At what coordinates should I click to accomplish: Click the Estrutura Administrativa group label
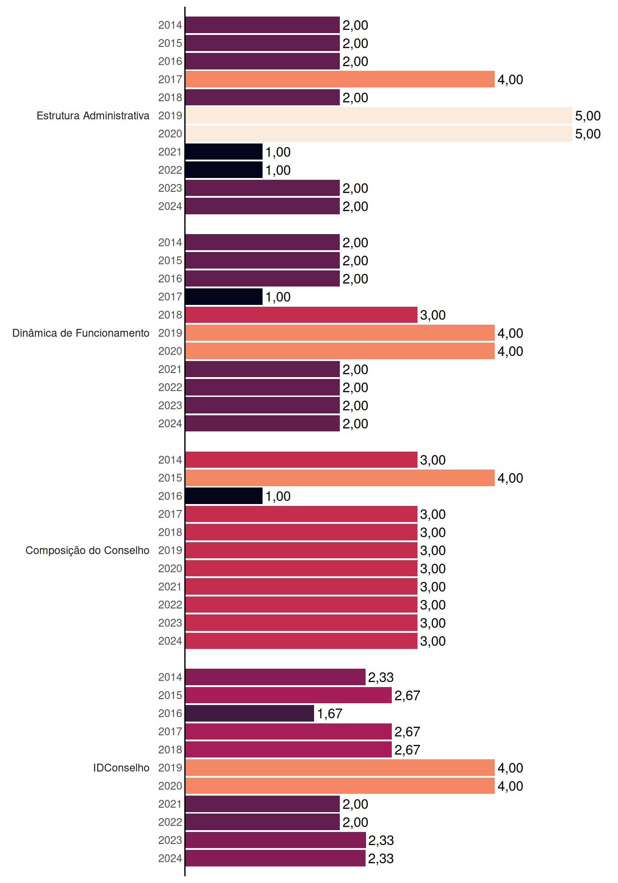(x=93, y=115)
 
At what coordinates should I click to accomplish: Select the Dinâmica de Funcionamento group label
(x=81, y=333)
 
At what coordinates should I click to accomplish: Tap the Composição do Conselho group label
(x=87, y=550)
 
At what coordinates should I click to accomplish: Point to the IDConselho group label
(x=121, y=768)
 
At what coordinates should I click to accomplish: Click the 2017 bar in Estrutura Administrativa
(x=340, y=79)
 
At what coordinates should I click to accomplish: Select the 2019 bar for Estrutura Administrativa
(x=379, y=115)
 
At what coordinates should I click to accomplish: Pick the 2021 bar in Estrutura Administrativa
(x=224, y=152)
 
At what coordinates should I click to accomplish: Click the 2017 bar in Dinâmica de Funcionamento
(x=224, y=297)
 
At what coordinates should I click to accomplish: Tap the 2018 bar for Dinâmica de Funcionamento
(x=301, y=315)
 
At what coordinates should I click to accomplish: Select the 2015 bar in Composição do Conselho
(x=340, y=478)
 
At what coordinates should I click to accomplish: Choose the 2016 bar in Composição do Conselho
(x=224, y=496)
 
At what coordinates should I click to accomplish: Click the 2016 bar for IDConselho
(x=250, y=713)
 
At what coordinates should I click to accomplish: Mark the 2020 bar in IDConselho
(x=340, y=786)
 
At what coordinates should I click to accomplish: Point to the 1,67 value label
(x=330, y=713)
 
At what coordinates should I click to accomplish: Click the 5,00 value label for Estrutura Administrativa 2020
(x=588, y=134)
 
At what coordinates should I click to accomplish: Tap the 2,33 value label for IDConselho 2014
(x=381, y=677)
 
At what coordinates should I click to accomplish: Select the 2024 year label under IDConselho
(x=170, y=858)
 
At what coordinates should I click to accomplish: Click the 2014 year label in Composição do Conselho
(x=170, y=460)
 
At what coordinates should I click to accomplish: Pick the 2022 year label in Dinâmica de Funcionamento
(x=170, y=387)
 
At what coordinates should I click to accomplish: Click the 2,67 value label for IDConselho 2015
(x=407, y=695)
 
